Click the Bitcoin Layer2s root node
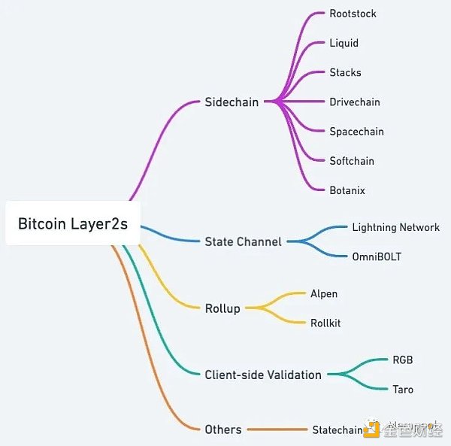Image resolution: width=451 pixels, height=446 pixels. [x=73, y=223]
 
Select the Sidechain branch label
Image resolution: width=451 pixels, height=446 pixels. [x=232, y=102]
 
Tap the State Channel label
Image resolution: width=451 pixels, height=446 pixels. [x=243, y=241]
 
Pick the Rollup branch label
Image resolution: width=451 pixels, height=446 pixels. [x=222, y=308]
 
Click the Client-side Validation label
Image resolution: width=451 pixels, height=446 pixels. [x=263, y=374]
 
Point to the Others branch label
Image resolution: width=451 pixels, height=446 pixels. [x=223, y=429]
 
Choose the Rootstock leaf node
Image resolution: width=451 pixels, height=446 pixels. [x=353, y=14]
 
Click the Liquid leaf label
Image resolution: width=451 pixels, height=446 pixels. [x=344, y=43]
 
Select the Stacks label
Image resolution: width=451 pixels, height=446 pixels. [x=345, y=72]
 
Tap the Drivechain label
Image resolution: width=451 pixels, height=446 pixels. [x=355, y=102]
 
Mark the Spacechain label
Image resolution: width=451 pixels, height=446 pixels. [x=356, y=131]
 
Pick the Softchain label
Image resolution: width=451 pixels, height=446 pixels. [x=352, y=160]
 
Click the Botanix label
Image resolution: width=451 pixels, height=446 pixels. [x=347, y=190]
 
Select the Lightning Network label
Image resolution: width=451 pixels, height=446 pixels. [x=395, y=227]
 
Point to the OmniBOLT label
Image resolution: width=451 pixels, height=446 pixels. [x=377, y=256]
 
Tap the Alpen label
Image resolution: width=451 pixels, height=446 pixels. [x=324, y=293]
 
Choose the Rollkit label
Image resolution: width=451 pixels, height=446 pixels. [x=325, y=323]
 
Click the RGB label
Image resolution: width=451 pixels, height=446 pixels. [x=403, y=360]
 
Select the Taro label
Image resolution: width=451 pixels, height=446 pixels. [x=403, y=389]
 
